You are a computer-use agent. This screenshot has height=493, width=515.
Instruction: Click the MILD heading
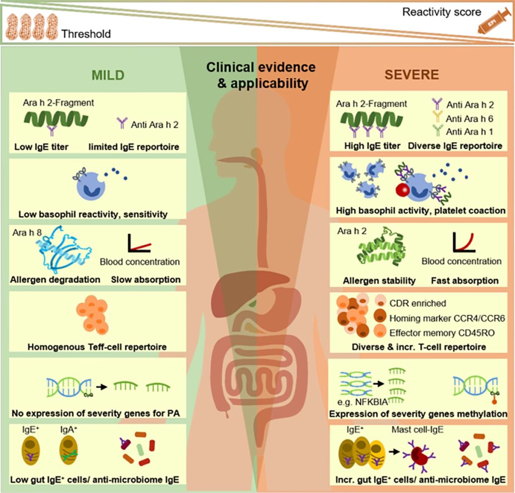(x=107, y=75)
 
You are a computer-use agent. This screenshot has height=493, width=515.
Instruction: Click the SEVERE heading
(x=411, y=75)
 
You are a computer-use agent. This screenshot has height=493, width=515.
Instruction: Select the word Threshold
(x=86, y=34)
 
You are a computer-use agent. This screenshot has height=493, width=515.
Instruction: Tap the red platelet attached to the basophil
(x=402, y=191)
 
